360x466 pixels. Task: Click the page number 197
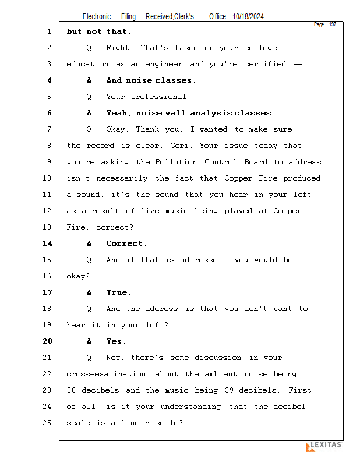(x=333, y=24)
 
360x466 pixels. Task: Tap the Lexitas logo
(x=324, y=446)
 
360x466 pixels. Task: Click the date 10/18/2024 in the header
(x=248, y=17)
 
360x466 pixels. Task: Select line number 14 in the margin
(x=47, y=243)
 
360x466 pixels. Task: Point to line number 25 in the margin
(x=47, y=423)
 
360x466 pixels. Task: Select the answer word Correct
(x=125, y=243)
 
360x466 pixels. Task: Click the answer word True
(x=118, y=292)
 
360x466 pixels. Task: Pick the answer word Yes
(x=115, y=341)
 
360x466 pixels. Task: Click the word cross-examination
(x=106, y=374)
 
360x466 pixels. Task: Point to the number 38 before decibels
(x=71, y=390)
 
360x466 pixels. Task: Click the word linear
(x=136, y=423)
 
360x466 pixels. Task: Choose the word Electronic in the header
(x=97, y=17)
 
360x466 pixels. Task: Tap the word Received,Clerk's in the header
(x=170, y=17)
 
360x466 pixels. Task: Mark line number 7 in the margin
(x=50, y=129)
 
